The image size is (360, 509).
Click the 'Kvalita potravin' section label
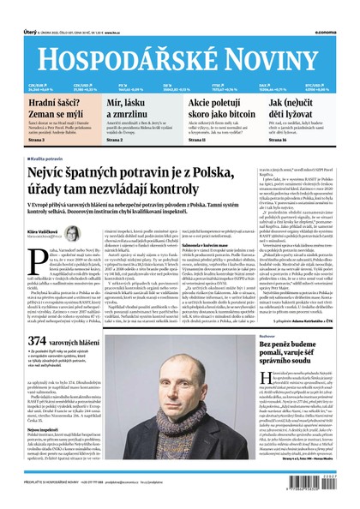click(x=51, y=159)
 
